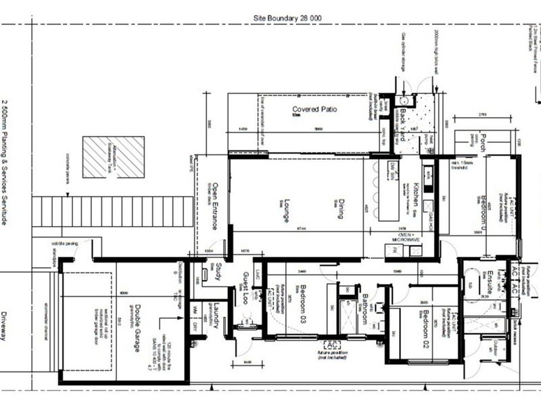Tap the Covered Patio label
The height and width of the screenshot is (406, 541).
click(x=314, y=110)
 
